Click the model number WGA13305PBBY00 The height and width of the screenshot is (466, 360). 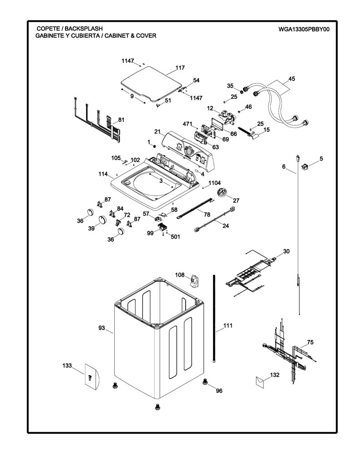click(x=304, y=29)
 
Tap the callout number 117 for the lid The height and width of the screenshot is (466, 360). click(x=180, y=68)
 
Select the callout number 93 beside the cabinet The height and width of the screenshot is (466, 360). click(x=101, y=328)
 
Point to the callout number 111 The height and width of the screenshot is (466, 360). click(x=228, y=326)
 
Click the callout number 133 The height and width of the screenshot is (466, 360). click(x=67, y=365)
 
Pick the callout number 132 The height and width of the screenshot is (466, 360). click(x=275, y=375)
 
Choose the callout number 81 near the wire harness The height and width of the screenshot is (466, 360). click(x=121, y=120)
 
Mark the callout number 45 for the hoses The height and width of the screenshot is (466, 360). click(x=292, y=79)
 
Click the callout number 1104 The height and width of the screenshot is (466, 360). click(x=214, y=183)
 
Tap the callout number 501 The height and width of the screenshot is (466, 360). click(x=175, y=237)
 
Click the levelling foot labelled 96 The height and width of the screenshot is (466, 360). click(x=205, y=382)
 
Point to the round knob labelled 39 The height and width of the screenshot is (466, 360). click(x=102, y=220)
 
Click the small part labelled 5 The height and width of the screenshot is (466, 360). click(x=305, y=167)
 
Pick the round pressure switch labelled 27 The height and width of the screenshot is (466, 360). click(x=221, y=192)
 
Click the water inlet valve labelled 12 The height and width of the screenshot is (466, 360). click(x=228, y=116)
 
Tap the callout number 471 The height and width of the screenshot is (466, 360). click(x=188, y=124)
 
